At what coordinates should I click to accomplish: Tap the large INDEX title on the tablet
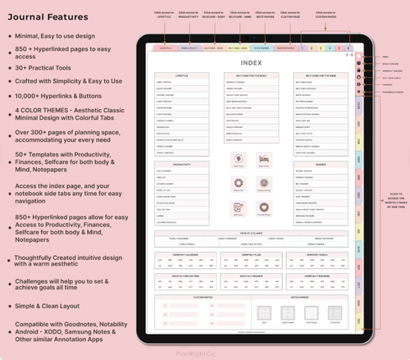252,62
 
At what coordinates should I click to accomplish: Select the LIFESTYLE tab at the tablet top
166,48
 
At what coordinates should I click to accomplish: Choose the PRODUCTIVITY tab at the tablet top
190,48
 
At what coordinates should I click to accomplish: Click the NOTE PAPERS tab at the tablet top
263,48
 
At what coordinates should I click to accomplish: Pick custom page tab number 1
303,48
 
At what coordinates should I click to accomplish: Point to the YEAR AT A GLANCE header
252,234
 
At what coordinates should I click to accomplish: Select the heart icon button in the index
264,207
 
